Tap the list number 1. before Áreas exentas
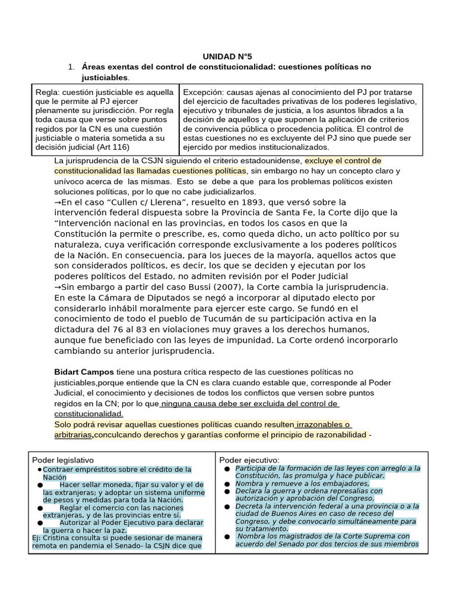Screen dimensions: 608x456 click(72, 67)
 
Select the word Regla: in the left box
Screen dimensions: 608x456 click(47, 92)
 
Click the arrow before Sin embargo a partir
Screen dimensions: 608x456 click(58, 287)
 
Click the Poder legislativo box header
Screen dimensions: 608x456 click(62, 460)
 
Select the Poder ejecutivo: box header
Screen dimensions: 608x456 click(249, 460)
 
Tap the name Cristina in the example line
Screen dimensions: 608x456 click(56, 537)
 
